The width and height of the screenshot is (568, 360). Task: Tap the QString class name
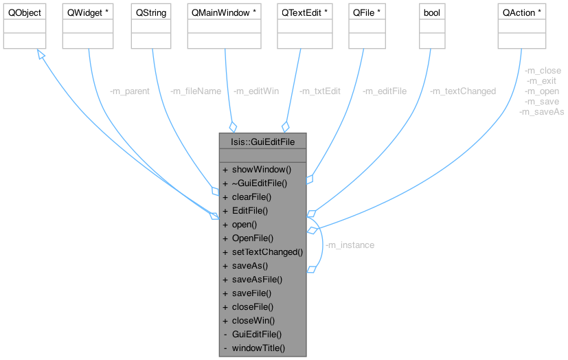(x=152, y=13)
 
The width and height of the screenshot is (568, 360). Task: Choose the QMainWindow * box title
(x=226, y=13)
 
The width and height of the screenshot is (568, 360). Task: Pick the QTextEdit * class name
(x=301, y=13)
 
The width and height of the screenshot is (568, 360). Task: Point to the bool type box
(x=433, y=13)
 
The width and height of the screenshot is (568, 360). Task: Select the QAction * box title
(x=521, y=13)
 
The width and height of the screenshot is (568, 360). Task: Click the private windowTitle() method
(x=258, y=348)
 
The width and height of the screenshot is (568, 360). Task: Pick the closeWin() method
(x=253, y=320)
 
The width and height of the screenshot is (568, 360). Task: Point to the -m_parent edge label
(x=130, y=91)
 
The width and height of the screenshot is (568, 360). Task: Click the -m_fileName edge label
(x=196, y=91)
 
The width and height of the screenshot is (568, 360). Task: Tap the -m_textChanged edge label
(x=463, y=91)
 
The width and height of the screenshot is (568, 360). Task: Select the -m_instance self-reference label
(x=350, y=245)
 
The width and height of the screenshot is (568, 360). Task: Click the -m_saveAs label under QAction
(x=542, y=112)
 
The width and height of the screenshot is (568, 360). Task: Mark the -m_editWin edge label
(x=256, y=91)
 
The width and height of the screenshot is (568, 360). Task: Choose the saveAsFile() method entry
(x=257, y=279)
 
